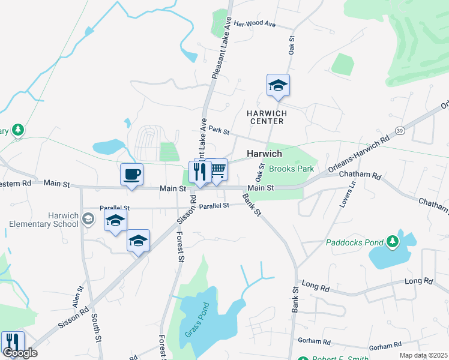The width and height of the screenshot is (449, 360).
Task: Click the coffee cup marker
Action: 131,175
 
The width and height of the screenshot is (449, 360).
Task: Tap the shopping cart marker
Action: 217,170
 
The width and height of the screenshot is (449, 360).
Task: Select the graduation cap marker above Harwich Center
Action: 278,85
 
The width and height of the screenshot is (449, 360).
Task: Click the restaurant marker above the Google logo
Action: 12,341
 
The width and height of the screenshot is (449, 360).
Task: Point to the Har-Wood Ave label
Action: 255,24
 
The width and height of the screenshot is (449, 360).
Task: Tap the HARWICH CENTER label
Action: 267,117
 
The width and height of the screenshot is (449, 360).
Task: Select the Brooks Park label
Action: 291,169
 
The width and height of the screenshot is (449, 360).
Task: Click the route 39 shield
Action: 401,130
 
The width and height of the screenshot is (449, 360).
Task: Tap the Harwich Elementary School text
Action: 44,220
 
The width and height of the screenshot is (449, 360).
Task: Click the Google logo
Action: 19,353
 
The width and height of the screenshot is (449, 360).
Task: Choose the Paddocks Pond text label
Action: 355,243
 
